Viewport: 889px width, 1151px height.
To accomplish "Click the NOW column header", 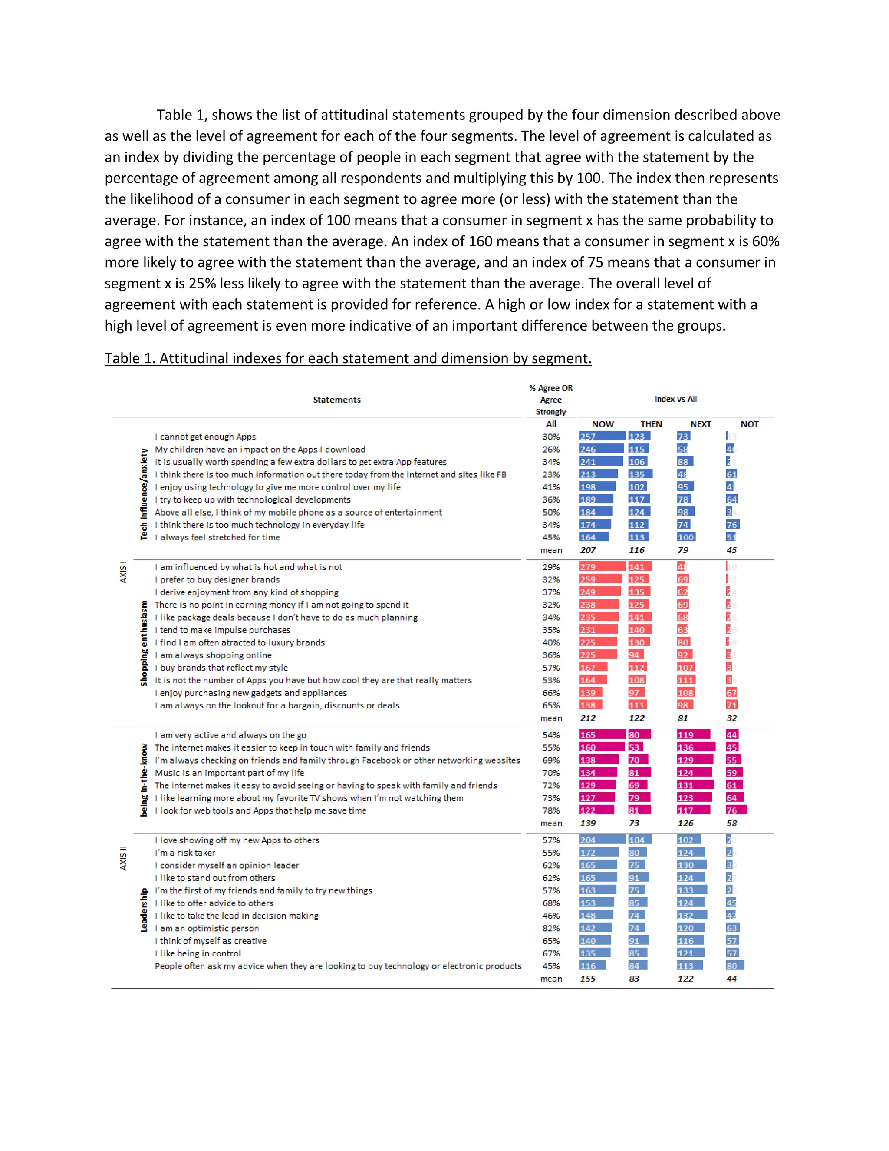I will pyautogui.click(x=603, y=424).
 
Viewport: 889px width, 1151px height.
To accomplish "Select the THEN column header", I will pyautogui.click(x=651, y=424).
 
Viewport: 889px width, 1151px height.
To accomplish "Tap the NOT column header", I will pyautogui.click(x=749, y=424).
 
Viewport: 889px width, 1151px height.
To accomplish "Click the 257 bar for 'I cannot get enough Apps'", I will pyautogui.click(x=602, y=437).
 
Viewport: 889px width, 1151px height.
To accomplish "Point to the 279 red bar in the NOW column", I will pyautogui.click(x=602, y=567).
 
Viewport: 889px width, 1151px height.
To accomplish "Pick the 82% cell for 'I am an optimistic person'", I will pyautogui.click(x=551, y=928).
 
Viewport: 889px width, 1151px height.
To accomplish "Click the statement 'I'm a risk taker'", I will pyautogui.click(x=185, y=853).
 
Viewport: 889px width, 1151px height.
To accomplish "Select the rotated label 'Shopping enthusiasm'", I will pyautogui.click(x=144, y=643).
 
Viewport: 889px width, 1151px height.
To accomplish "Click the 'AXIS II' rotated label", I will pyautogui.click(x=123, y=858).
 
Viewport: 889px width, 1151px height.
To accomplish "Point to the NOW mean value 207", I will pyautogui.click(x=588, y=550).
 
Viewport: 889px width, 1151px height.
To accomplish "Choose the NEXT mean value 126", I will pyautogui.click(x=685, y=823).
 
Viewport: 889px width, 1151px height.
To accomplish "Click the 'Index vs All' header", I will pyautogui.click(x=675, y=399).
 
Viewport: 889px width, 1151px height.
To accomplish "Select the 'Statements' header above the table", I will pyautogui.click(x=336, y=400).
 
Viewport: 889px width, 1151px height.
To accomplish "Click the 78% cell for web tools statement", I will pyautogui.click(x=551, y=810).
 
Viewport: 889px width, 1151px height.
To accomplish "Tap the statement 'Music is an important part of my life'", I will pyautogui.click(x=229, y=773).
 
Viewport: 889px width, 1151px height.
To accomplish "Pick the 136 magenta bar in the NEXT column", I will pyautogui.click(x=696, y=747).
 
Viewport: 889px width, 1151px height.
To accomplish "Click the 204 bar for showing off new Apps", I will pyautogui.click(x=602, y=840).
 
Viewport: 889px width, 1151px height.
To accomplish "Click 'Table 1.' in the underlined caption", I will pyautogui.click(x=129, y=358).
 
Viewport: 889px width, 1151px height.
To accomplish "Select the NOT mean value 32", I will pyautogui.click(x=731, y=718).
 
